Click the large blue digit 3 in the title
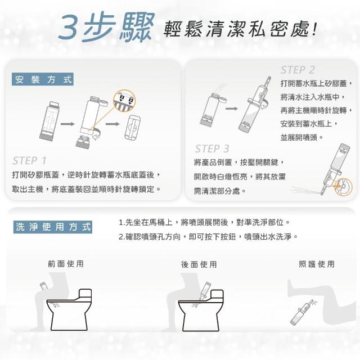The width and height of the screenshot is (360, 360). [70, 27]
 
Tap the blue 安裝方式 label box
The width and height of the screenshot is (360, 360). [43, 79]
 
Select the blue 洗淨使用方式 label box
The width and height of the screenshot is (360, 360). [53, 227]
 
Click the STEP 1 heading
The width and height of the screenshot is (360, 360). [30, 160]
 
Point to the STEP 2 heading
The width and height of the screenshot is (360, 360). [298, 70]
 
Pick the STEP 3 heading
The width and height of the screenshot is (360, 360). [212, 148]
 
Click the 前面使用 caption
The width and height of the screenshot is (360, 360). [66, 264]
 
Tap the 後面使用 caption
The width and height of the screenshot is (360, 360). [199, 264]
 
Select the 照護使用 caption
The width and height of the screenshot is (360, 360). [317, 264]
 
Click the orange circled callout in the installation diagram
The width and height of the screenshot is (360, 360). [124, 101]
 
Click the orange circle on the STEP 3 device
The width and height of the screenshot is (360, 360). [343, 186]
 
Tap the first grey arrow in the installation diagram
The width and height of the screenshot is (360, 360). [67, 124]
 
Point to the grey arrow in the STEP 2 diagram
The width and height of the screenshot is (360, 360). [231, 109]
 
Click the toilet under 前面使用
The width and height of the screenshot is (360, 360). [69, 309]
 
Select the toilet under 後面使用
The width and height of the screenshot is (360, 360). [201, 310]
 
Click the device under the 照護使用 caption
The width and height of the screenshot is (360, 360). [302, 312]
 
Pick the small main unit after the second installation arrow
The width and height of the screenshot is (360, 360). [133, 127]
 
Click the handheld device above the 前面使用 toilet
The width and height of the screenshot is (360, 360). [44, 287]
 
